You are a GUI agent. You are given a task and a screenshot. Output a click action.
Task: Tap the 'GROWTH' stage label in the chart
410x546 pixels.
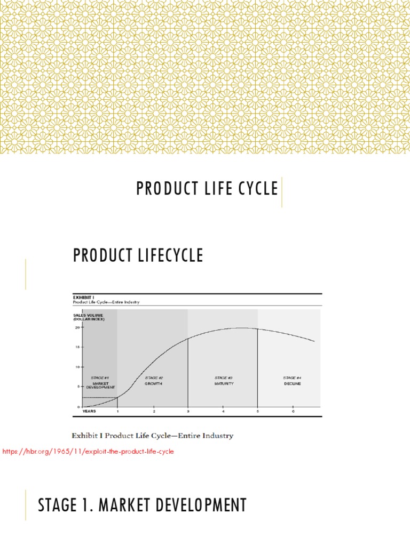tap(154, 383)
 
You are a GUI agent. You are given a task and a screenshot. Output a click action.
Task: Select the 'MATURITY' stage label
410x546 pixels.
tap(223, 383)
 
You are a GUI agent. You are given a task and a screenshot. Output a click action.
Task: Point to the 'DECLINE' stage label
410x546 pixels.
tap(293, 383)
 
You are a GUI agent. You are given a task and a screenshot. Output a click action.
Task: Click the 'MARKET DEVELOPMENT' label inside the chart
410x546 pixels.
tap(100, 386)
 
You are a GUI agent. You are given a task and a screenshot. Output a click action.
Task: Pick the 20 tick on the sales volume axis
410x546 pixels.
tap(77, 328)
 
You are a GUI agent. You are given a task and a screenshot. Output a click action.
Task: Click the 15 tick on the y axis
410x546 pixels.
tap(77, 348)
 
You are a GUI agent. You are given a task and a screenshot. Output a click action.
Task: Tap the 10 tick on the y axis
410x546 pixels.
tap(77, 367)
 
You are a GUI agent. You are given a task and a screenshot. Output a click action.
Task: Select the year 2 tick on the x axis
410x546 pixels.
tap(154, 412)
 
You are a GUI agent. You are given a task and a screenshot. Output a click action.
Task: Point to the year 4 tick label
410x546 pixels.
tap(223, 412)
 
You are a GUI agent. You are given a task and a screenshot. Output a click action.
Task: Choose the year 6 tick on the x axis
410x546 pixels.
tap(293, 412)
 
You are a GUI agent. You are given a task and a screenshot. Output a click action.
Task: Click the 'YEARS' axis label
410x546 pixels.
tap(89, 412)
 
